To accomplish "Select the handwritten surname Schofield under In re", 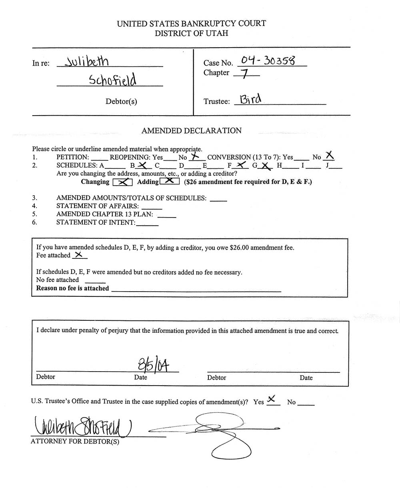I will [113, 80].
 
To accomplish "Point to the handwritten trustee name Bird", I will [251, 98].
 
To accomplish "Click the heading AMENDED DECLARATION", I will [192, 131].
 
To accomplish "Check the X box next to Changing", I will [122, 182].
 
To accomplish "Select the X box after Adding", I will [169, 182].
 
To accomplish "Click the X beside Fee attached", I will [78, 255].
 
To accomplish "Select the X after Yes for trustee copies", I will [272, 399].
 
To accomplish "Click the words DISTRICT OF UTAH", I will [192, 34].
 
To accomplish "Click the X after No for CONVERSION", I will [330, 156].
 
